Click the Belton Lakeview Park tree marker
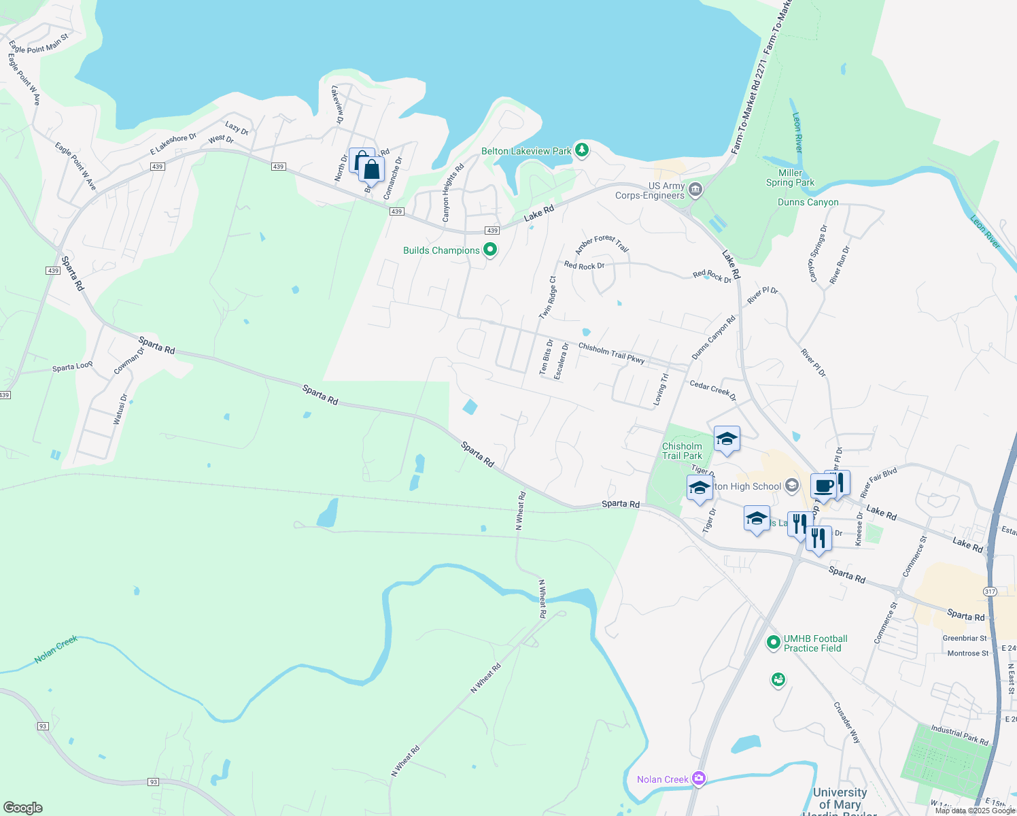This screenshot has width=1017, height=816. click(581, 150)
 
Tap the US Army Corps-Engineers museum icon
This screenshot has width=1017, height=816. click(695, 190)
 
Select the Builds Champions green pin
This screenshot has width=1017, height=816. click(489, 250)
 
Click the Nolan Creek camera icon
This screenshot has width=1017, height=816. click(699, 779)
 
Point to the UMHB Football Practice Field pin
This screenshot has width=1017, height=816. click(773, 642)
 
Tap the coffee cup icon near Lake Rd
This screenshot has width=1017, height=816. click(823, 487)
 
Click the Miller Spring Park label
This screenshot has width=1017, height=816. click(790, 177)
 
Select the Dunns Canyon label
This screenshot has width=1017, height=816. click(808, 202)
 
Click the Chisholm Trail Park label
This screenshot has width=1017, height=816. click(682, 451)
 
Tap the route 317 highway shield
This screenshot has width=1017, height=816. click(990, 592)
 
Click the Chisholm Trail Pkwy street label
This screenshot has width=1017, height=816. click(611, 353)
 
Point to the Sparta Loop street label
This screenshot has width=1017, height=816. click(73, 367)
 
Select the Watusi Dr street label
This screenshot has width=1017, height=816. click(120, 409)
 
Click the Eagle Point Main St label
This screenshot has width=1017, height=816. click(39, 44)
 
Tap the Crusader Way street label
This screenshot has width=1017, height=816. click(847, 722)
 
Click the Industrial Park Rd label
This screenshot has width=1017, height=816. click(959, 735)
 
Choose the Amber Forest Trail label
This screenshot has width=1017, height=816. click(602, 243)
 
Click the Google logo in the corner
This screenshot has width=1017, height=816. click(23, 807)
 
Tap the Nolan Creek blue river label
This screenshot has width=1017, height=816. click(56, 649)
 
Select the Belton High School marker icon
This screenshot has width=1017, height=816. click(791, 486)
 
